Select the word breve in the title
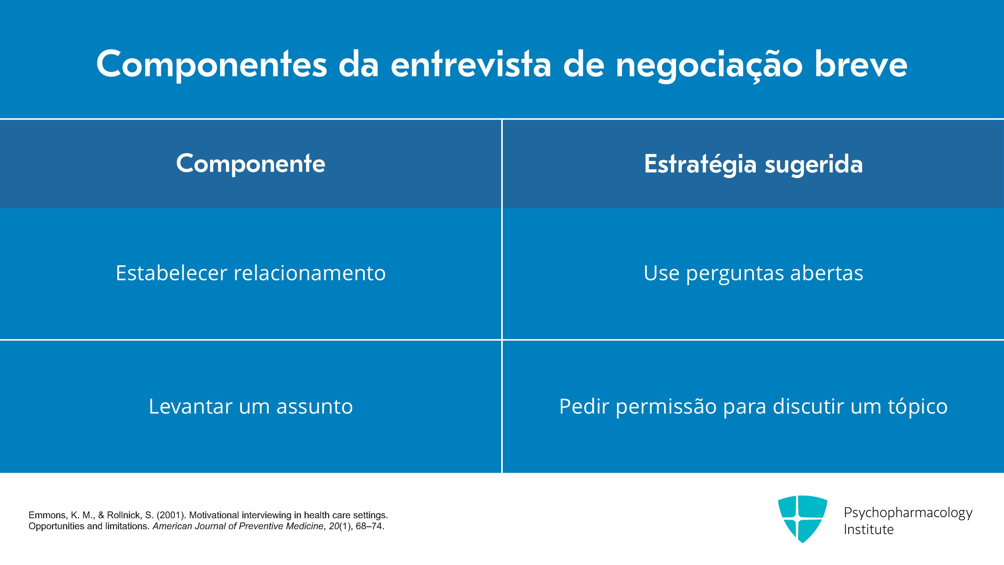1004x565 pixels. click(861, 64)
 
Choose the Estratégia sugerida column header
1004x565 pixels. click(753, 164)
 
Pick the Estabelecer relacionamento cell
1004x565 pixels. click(251, 273)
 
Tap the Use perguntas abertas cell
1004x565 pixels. click(753, 274)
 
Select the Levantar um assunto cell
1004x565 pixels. click(251, 406)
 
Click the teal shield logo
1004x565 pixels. click(802, 519)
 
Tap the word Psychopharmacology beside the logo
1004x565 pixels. click(908, 513)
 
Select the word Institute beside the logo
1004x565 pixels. click(869, 530)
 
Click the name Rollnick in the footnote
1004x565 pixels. click(124, 515)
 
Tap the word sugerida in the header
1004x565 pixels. click(814, 165)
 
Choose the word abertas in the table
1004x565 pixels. click(827, 273)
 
